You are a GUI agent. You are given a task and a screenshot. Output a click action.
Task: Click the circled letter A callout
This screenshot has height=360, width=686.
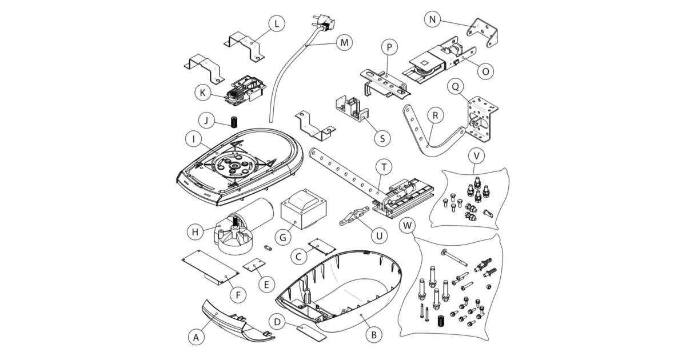(196, 337)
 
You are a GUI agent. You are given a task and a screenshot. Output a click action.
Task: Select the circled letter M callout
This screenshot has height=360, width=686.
(344, 43)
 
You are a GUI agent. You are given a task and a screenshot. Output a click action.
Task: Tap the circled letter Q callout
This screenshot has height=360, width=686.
(455, 86)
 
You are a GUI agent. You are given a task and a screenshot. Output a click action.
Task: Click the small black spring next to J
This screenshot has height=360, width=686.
(234, 122)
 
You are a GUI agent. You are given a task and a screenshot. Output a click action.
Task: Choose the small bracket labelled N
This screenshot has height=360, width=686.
(484, 33)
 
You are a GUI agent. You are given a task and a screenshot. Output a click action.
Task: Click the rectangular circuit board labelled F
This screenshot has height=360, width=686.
(209, 266)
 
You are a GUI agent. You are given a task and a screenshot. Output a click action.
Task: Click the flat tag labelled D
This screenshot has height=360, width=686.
(312, 331)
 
